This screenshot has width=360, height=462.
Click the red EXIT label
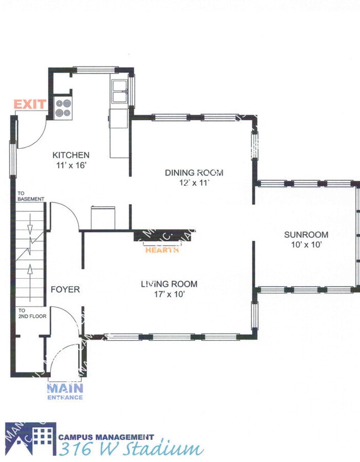30,104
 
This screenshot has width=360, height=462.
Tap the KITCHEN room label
71,155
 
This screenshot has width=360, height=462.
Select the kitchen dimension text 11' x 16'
71,165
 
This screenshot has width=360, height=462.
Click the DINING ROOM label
194,173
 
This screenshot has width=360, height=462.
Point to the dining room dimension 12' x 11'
194,183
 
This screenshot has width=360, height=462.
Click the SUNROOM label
305,234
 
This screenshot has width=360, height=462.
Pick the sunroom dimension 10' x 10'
305,244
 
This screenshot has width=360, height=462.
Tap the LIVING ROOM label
168,284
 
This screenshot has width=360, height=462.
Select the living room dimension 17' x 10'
168,294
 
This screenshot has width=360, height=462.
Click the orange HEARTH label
162,250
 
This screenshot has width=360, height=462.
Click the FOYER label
65,289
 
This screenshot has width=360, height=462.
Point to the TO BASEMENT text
30,196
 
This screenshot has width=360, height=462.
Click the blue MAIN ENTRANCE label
65,391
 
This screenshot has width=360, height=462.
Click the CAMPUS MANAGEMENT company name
106,437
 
